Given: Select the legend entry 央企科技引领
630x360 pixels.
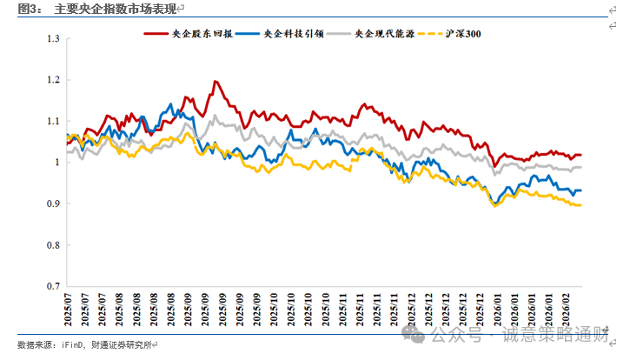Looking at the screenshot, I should pyautogui.click(x=290, y=33).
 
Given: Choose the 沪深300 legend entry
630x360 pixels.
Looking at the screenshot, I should pyautogui.click(x=460, y=33).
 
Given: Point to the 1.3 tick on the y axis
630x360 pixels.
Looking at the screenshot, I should pyautogui.click(x=53, y=39).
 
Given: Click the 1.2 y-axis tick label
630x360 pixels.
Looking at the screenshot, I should pyautogui.click(x=53, y=80).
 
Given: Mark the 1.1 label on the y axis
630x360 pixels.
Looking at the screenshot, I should pyautogui.click(x=53, y=121).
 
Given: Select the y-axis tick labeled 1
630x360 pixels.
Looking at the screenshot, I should pyautogui.click(x=56, y=163).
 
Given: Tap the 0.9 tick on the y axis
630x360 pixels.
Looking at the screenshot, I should pyautogui.click(x=53, y=203).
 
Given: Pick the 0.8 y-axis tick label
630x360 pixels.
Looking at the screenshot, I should pyautogui.click(x=53, y=244).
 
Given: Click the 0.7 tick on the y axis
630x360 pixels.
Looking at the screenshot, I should pyautogui.click(x=53, y=286).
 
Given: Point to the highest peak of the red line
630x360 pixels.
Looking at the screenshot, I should pyautogui.click(x=213, y=82).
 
